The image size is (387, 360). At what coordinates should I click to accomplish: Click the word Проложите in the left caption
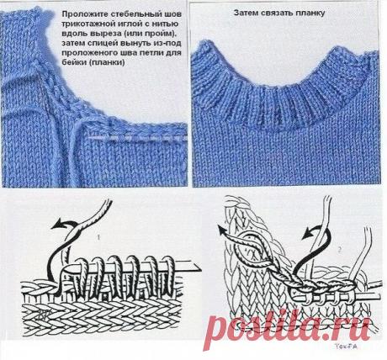pyautogui.click(x=82, y=14)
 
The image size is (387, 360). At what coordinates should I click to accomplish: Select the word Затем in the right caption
pyautogui.click(x=245, y=15)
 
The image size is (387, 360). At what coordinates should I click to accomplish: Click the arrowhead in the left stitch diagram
pyautogui.click(x=52, y=225)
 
